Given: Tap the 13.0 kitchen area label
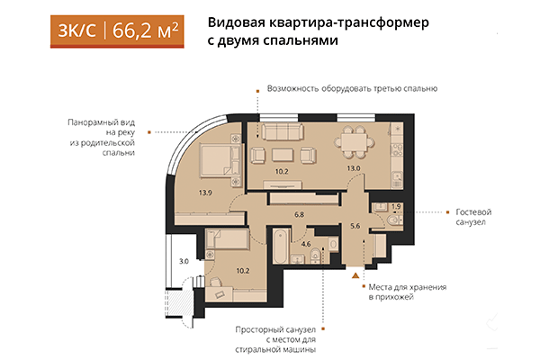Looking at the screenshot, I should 354,167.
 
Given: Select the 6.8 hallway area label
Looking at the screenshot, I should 300,214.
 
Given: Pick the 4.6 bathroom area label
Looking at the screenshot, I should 306,244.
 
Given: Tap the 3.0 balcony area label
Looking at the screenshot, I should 184,262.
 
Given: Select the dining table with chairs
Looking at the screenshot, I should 354,140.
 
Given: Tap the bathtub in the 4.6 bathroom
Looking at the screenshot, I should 280,246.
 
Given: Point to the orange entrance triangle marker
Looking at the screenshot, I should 356,274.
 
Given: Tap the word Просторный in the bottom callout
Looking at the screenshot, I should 263,328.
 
